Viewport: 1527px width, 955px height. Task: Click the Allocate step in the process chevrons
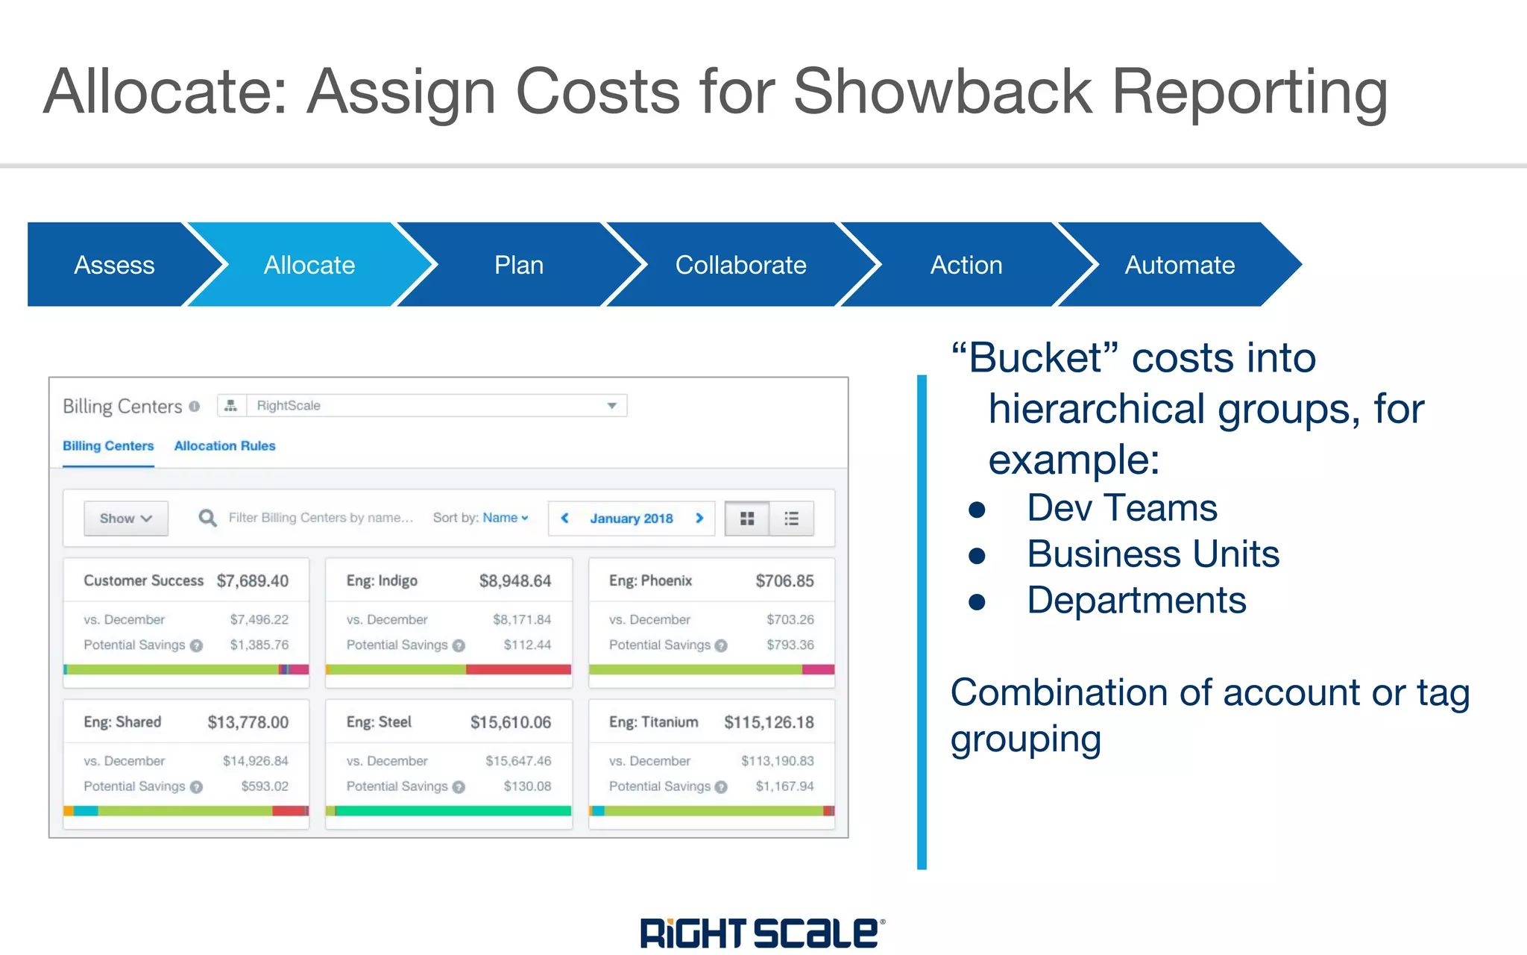click(309, 265)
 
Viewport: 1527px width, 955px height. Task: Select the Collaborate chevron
click(740, 265)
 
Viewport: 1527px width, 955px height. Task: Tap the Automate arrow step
click(1180, 265)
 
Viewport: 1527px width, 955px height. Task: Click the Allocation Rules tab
click(224, 446)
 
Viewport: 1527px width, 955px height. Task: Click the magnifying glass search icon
click(207, 518)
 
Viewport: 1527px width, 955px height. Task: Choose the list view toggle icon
click(791, 519)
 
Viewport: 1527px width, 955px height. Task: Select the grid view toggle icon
click(747, 519)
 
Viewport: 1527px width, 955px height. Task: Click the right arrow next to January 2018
click(699, 518)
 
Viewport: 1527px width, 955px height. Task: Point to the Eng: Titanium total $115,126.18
click(769, 722)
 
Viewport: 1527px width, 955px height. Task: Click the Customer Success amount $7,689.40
click(252, 581)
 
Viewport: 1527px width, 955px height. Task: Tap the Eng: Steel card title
click(379, 722)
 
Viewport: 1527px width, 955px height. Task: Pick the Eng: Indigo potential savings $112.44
click(527, 645)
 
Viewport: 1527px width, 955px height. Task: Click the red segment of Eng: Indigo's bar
click(518, 669)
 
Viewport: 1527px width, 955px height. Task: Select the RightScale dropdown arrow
click(611, 406)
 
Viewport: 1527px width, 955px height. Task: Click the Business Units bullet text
click(1153, 554)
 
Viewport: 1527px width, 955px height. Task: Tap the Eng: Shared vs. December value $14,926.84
click(255, 761)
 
